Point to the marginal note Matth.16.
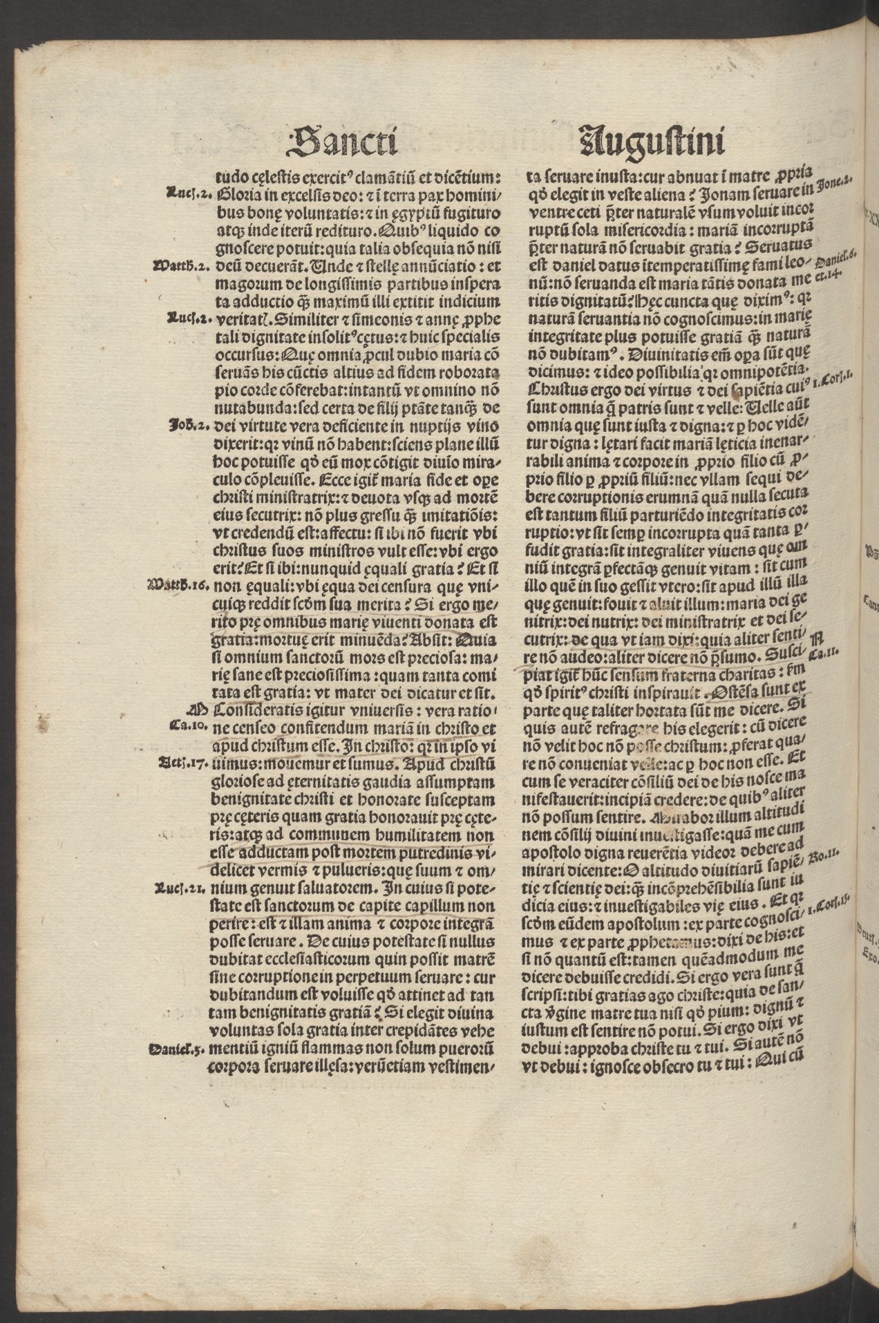coord(179,582)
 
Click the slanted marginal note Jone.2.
coord(837,184)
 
